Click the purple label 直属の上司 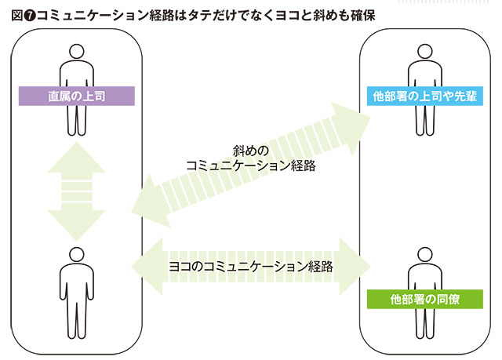coord(76,96)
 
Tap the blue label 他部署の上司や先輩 coord(425,97)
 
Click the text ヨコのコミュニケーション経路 coord(251,266)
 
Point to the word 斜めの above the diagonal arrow coord(251,150)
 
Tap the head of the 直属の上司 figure coord(76,51)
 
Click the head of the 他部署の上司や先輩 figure coord(424,51)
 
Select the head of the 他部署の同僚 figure coord(424,253)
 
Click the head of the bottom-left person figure coord(76,253)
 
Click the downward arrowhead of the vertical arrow coord(76,227)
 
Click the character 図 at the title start coord(16,15)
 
